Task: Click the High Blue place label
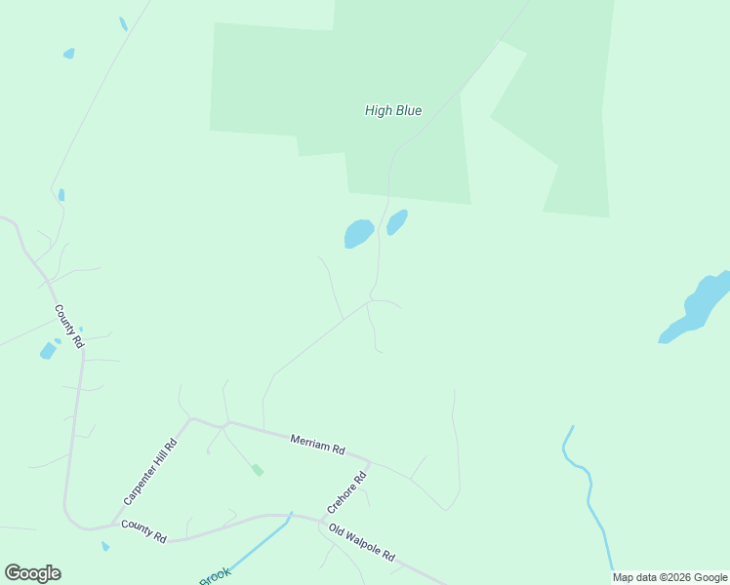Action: click(x=393, y=111)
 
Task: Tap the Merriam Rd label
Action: click(x=318, y=446)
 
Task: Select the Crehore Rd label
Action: click(x=346, y=492)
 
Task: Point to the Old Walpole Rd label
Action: click(x=362, y=542)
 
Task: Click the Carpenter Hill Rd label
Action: click(x=150, y=472)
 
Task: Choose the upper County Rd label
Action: click(x=69, y=327)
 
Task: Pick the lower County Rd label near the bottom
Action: click(x=143, y=531)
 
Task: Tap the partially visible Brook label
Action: click(x=215, y=576)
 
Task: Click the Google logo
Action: click(x=32, y=573)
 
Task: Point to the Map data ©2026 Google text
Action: click(x=669, y=577)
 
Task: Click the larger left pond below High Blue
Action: click(x=358, y=233)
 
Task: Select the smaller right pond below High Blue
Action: click(x=396, y=222)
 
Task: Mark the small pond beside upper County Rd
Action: click(x=48, y=350)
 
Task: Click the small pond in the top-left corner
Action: click(x=68, y=54)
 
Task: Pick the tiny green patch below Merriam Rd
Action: click(x=258, y=470)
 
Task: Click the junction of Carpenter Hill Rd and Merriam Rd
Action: click(x=192, y=419)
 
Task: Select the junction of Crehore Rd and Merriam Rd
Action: click(x=369, y=459)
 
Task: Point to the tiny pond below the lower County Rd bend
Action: click(x=105, y=547)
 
